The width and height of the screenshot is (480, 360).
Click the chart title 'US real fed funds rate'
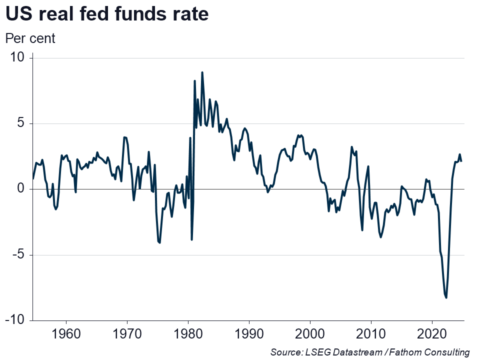(106, 15)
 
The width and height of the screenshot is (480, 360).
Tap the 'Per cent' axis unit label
(30, 38)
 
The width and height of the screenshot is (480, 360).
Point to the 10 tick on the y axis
(18, 58)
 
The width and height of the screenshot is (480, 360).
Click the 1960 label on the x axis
(66, 333)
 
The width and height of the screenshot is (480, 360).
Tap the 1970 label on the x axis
(127, 333)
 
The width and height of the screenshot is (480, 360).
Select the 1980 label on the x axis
(188, 333)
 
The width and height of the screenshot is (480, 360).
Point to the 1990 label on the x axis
(249, 333)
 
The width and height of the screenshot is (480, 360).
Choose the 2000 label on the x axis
(310, 333)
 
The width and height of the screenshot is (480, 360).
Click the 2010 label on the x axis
(371, 333)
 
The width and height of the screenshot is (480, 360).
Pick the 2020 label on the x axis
(432, 333)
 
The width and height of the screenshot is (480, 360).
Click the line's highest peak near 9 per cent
(202, 72)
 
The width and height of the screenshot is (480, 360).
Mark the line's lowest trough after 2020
(446, 297)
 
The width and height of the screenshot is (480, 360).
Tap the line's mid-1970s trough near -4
(159, 242)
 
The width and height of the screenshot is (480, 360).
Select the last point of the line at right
(461, 161)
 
